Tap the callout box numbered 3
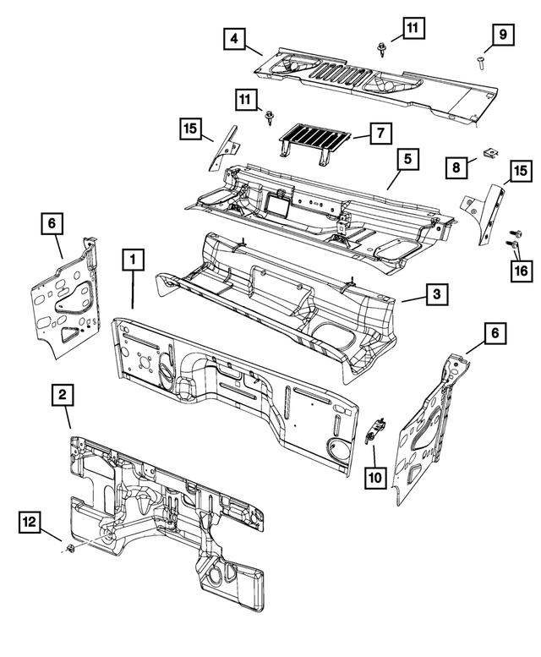point(436,293)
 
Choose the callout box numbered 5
point(407,158)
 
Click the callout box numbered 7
point(380,133)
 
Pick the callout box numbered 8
point(456,167)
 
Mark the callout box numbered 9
point(502,35)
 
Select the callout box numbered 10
point(374,478)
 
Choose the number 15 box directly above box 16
point(519,172)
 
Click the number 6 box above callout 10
point(495,333)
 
